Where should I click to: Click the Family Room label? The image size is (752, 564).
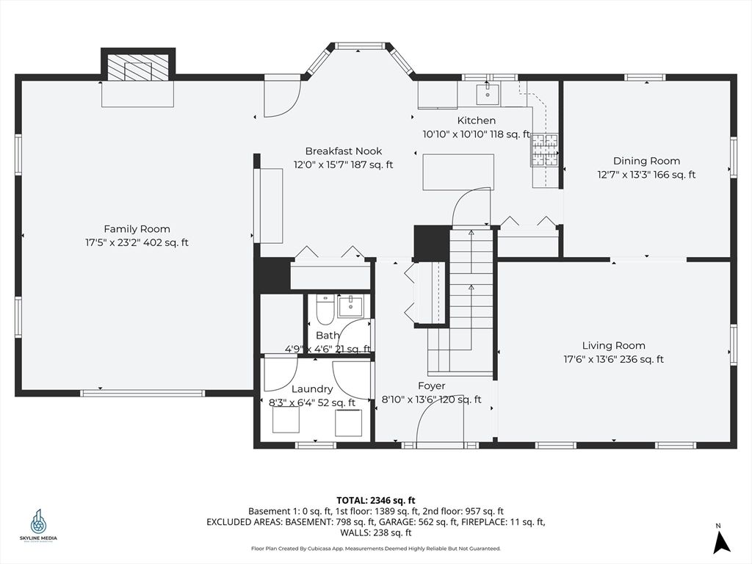pyautogui.click(x=137, y=229)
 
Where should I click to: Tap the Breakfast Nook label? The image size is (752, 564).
pyautogui.click(x=344, y=151)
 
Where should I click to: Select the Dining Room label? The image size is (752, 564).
pyautogui.click(x=646, y=161)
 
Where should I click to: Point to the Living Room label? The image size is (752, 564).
pyautogui.click(x=613, y=345)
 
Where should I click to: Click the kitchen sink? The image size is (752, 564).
pyautogui.click(x=488, y=94)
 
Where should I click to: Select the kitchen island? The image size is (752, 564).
pyautogui.click(x=458, y=172)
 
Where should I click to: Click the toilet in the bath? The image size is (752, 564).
pyautogui.click(x=325, y=311)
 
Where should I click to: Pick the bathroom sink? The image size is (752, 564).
pyautogui.click(x=351, y=306)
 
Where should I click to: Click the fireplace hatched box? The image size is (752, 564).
pyautogui.click(x=137, y=68)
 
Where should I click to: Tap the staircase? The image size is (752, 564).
pyautogui.click(x=461, y=301)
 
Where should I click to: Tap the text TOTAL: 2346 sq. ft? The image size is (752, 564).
pyautogui.click(x=375, y=501)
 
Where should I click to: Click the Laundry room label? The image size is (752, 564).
pyautogui.click(x=311, y=389)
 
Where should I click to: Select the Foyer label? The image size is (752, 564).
pyautogui.click(x=431, y=386)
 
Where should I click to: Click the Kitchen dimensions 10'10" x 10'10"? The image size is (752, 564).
pyautogui.click(x=454, y=134)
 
